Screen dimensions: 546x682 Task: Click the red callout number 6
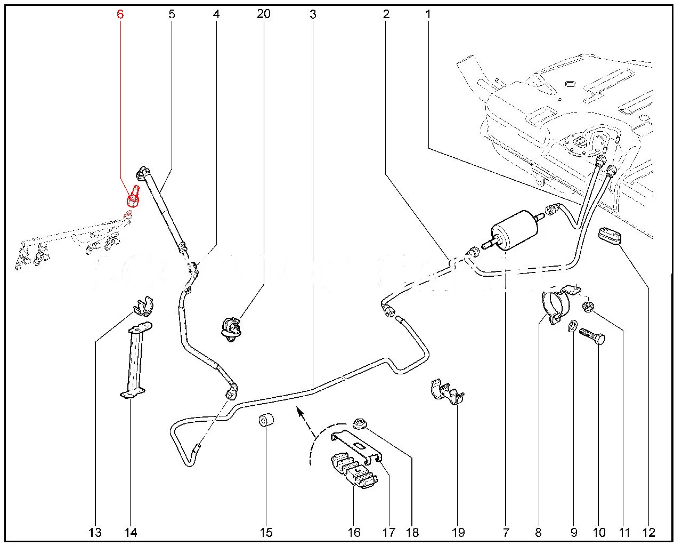[120, 14]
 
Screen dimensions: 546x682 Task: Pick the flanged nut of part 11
[588, 306]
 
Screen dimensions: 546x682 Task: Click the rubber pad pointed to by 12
[612, 236]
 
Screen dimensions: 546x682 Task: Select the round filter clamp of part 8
[554, 305]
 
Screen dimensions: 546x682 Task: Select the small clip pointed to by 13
[142, 308]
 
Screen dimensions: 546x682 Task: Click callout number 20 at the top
[263, 14]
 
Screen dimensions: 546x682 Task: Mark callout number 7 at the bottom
[505, 532]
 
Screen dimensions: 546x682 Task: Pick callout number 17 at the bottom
[389, 532]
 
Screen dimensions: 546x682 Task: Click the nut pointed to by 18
[359, 425]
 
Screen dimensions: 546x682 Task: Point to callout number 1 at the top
[427, 14]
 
